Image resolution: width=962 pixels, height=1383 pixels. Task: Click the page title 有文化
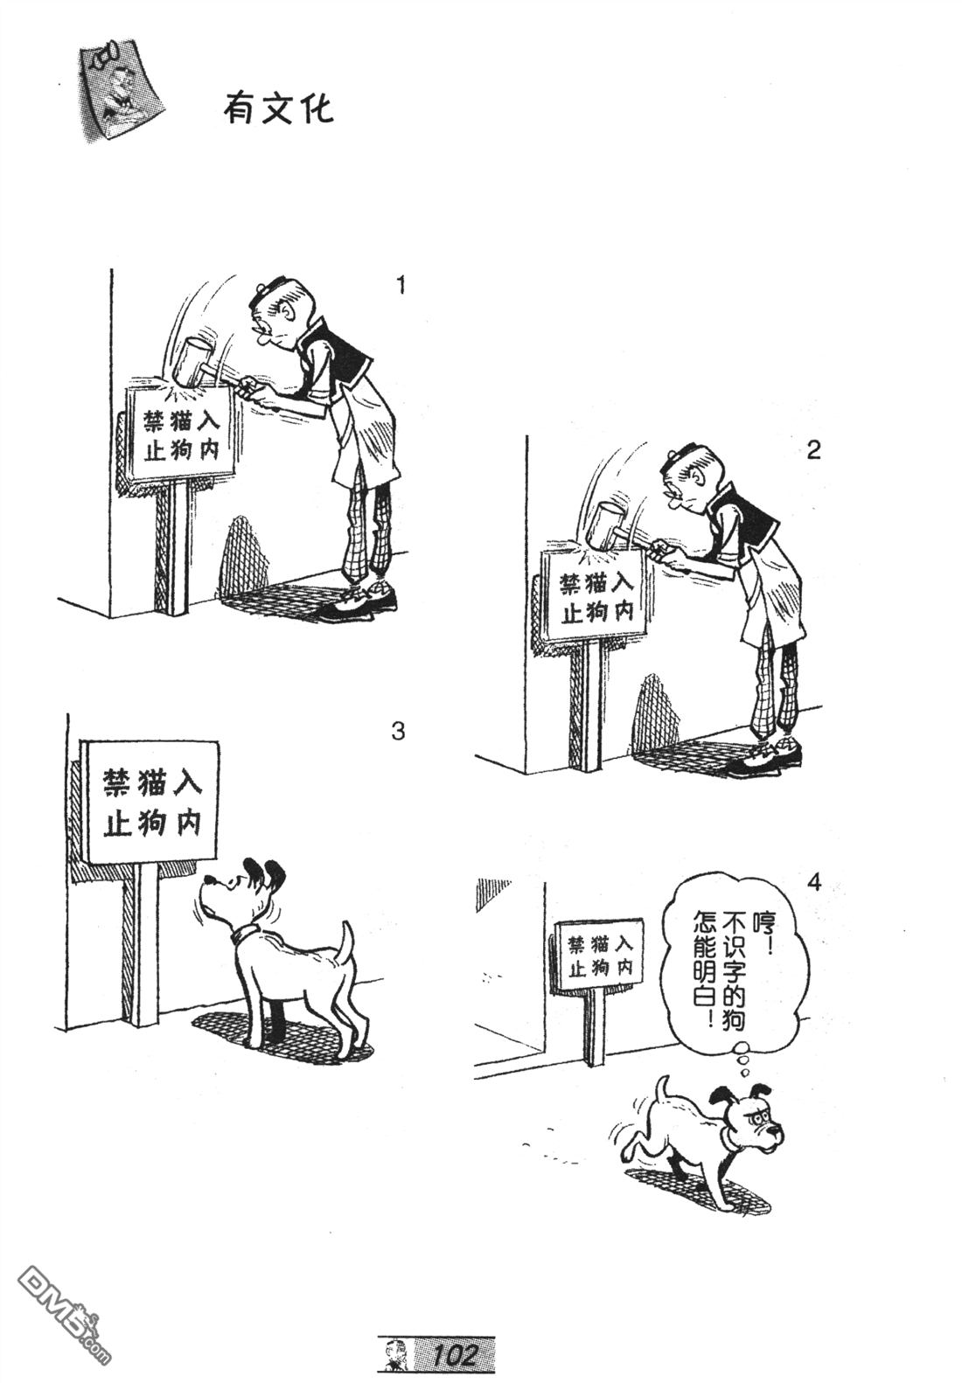coord(277,110)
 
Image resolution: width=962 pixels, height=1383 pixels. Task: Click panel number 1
coord(401,286)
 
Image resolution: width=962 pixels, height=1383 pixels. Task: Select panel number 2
coord(813,450)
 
